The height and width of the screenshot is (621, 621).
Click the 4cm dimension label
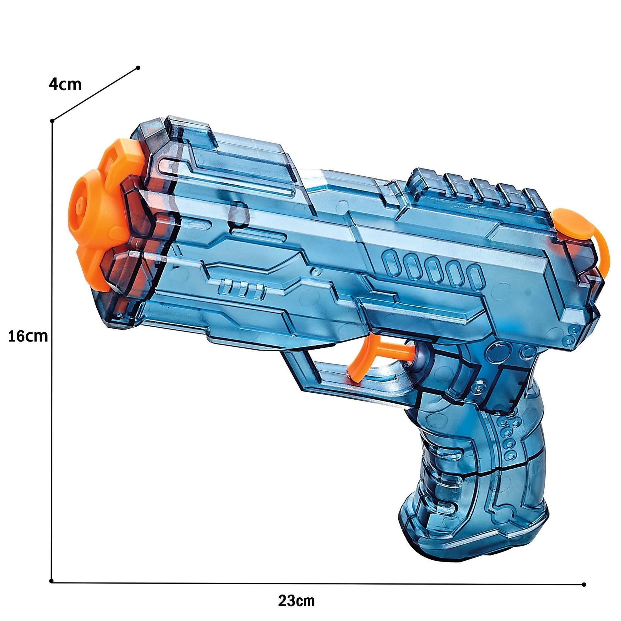(x=65, y=85)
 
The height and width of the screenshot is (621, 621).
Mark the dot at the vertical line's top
(x=52, y=121)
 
